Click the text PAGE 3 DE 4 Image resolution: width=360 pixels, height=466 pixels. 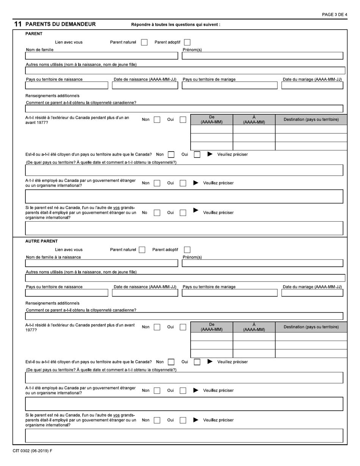tap(334, 14)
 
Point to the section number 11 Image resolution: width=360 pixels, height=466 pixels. tap(17, 24)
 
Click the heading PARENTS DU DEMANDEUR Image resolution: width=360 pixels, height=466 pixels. tap(60, 24)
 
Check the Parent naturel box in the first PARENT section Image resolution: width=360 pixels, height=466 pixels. tap(144, 42)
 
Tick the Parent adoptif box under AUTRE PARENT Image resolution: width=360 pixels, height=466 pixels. tap(187, 250)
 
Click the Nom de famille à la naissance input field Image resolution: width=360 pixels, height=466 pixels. tap(101, 263)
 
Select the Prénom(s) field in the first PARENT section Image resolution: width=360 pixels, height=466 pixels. tap(262, 56)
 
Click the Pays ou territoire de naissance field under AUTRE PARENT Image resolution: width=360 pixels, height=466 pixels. tap(67, 293)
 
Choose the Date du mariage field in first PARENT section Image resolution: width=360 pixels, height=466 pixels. tap(312, 85)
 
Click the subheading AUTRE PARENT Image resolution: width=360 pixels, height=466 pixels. tap(41, 241)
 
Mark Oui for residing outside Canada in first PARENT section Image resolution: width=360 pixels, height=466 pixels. tap(183, 120)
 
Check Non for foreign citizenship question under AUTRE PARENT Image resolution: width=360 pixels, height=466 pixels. tap(171, 362)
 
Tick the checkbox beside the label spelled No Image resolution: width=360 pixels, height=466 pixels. tap(157, 213)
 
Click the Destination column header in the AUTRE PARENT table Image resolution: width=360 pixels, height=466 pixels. tap(311, 327)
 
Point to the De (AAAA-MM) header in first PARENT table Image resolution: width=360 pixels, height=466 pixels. tap(211, 120)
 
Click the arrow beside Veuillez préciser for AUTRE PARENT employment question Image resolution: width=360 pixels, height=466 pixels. tap(196, 391)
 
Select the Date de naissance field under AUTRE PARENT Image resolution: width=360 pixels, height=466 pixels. tap(145, 293)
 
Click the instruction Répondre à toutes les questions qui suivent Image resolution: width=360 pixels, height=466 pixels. tap(175, 25)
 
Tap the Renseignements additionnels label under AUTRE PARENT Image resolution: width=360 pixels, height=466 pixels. tap(52, 303)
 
